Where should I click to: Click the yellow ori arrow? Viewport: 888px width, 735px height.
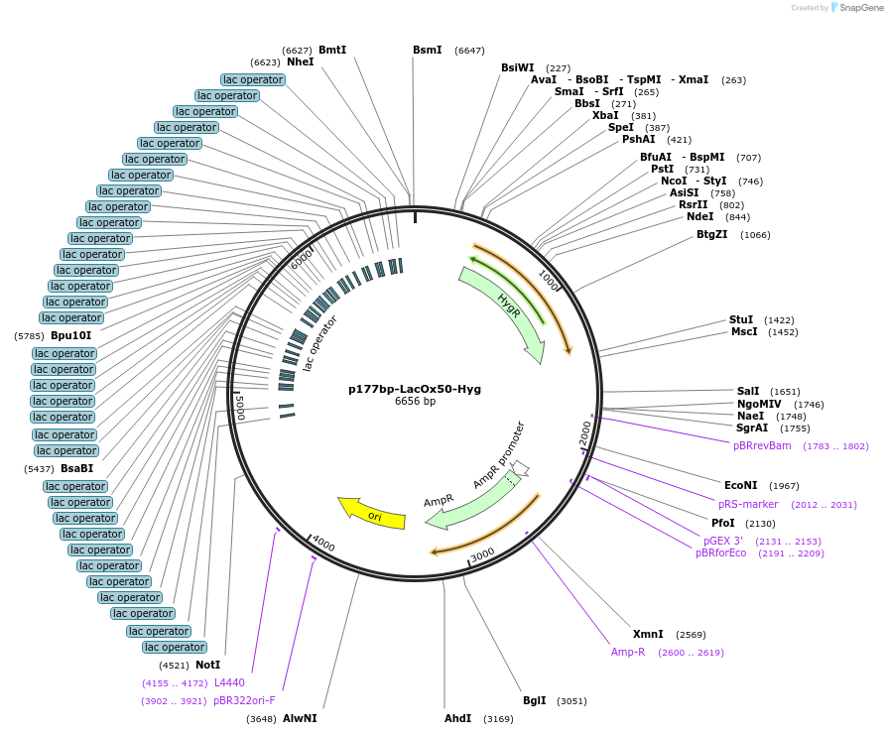coord(372,513)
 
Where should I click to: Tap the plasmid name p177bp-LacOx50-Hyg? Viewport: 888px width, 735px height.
coord(415,389)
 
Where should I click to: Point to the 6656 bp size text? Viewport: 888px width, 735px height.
coord(415,402)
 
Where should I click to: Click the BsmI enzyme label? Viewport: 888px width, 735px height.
coord(428,50)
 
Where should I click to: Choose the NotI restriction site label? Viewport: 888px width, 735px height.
coord(208,665)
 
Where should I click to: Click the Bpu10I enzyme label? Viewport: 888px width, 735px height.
coord(71,336)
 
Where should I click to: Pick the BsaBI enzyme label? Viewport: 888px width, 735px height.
coord(77,469)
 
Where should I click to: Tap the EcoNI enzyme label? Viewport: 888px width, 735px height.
coord(741,485)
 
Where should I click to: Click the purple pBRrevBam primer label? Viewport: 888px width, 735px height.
coord(762,446)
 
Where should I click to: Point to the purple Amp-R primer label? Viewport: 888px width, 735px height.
coord(628,652)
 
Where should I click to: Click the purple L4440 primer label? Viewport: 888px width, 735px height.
coord(229,682)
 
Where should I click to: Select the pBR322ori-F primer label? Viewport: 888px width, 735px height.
coord(244,700)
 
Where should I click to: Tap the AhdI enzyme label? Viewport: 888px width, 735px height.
coord(458,717)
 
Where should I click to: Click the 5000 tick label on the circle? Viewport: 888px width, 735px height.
coord(238,406)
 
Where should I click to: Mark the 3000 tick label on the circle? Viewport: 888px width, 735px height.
coord(482,554)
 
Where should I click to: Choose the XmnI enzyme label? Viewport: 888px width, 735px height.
coord(648,634)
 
